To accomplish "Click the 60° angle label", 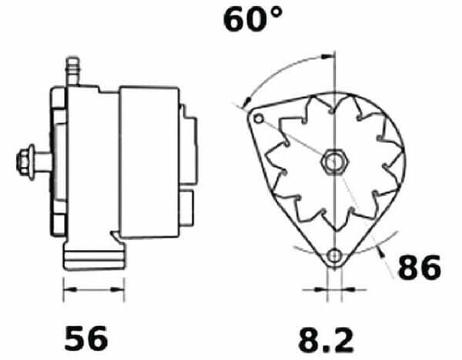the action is pyautogui.click(x=253, y=19).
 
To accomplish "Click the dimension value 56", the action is pyautogui.click(x=86, y=338).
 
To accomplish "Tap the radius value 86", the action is pyautogui.click(x=420, y=268).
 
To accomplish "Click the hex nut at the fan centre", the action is pyautogui.click(x=335, y=162).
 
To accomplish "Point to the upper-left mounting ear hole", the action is pyautogui.click(x=259, y=119).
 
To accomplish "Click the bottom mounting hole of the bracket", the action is pyautogui.click(x=335, y=255).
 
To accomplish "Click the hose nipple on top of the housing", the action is pyautogui.click(x=72, y=72).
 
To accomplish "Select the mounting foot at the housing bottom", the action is pyautogui.click(x=94, y=256).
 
